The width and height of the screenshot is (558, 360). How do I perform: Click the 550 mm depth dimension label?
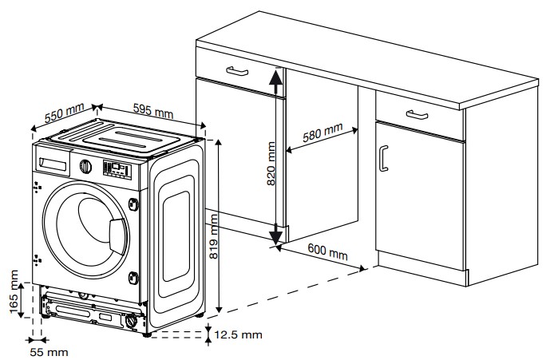[x=65, y=113]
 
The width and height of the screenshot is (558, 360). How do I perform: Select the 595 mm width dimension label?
[x=153, y=111]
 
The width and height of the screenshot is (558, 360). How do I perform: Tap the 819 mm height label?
[x=213, y=236]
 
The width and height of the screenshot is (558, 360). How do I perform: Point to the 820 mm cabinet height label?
[x=271, y=164]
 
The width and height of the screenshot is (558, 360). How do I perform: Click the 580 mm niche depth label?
[x=323, y=132]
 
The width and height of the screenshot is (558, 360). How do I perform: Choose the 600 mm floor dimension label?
[x=328, y=251]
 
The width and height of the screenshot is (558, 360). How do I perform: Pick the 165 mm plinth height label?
[x=14, y=291]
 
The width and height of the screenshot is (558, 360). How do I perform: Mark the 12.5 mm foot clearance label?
[x=238, y=334]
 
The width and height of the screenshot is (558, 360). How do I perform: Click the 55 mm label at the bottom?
[x=49, y=352]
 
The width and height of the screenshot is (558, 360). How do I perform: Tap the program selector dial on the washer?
[x=85, y=167]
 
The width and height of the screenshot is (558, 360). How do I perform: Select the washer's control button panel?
[x=117, y=170]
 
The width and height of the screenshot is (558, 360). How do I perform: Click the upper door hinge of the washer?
[x=133, y=204]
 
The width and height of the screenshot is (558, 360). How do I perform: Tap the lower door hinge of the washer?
[x=133, y=278]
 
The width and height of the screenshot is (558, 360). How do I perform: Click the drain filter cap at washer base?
[x=131, y=321]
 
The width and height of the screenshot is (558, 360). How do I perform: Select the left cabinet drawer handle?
[x=237, y=71]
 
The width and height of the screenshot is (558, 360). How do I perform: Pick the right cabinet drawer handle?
[x=417, y=115]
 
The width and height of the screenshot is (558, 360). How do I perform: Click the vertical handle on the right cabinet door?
[x=383, y=158]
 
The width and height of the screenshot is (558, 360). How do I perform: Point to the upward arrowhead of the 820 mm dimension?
[x=275, y=77]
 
